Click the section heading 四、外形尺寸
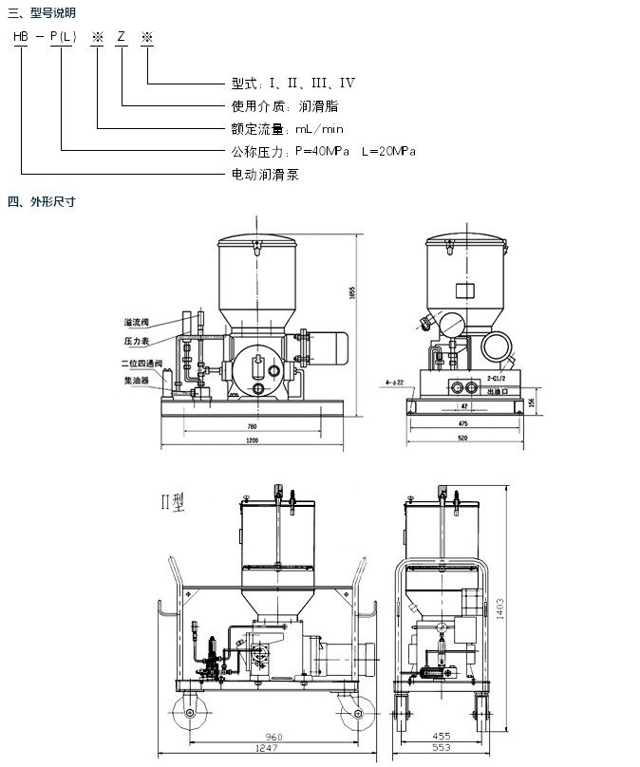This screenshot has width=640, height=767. point(41,201)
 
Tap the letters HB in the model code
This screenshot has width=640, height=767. point(20,36)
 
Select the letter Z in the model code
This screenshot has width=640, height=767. point(121,36)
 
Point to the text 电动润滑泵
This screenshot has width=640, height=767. point(265,175)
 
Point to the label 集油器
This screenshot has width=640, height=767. point(137,380)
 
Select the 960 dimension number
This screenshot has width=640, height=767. point(274,735)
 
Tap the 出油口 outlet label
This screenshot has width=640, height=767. point(495,389)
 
